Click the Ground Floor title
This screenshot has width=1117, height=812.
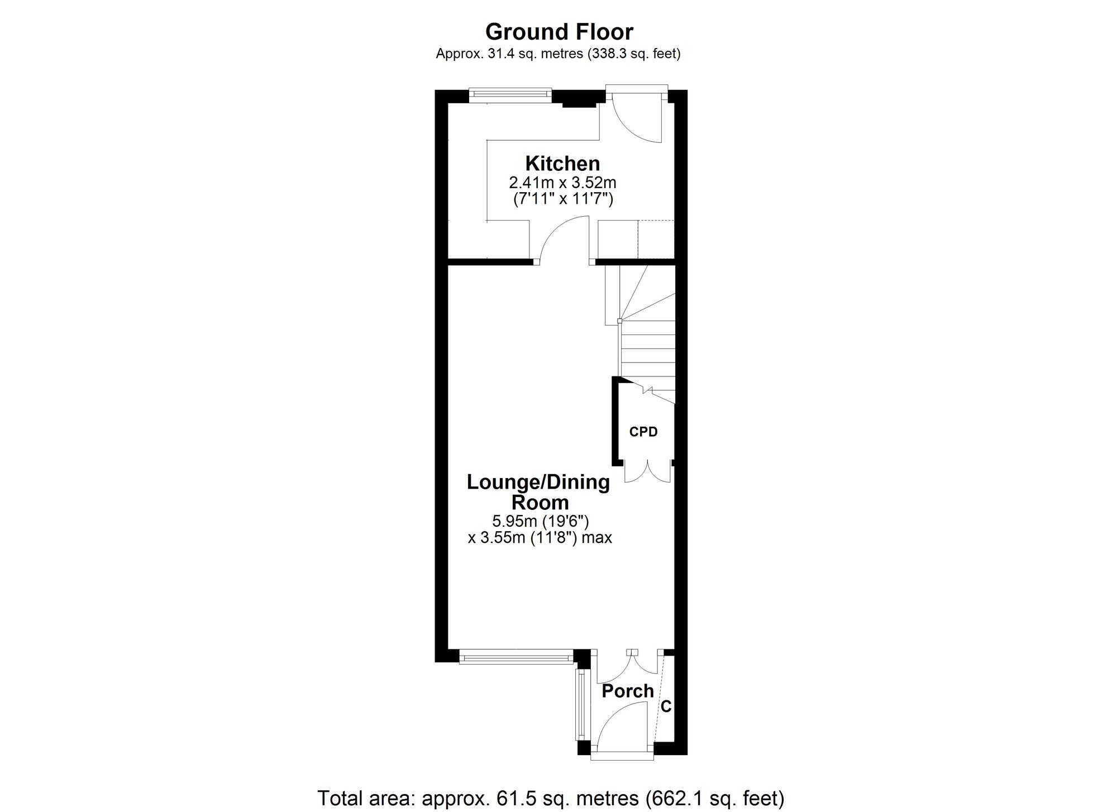[x=559, y=32]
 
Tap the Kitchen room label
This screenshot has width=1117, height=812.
[x=562, y=164]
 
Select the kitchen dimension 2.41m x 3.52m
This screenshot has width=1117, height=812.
[x=562, y=183]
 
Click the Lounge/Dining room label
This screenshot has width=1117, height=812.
[x=539, y=492]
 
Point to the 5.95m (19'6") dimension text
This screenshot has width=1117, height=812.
[x=540, y=521]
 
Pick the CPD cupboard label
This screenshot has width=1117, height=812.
[x=643, y=432]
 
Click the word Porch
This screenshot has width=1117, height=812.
[x=628, y=691]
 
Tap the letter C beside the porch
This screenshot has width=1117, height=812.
[x=666, y=706]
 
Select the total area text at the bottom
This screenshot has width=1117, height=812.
[x=551, y=798]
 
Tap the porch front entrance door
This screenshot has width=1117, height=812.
[x=623, y=726]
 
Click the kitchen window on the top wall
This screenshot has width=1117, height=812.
[x=510, y=94]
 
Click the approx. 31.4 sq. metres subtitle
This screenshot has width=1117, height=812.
[x=558, y=54]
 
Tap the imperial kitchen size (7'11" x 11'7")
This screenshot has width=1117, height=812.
[x=563, y=199]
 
